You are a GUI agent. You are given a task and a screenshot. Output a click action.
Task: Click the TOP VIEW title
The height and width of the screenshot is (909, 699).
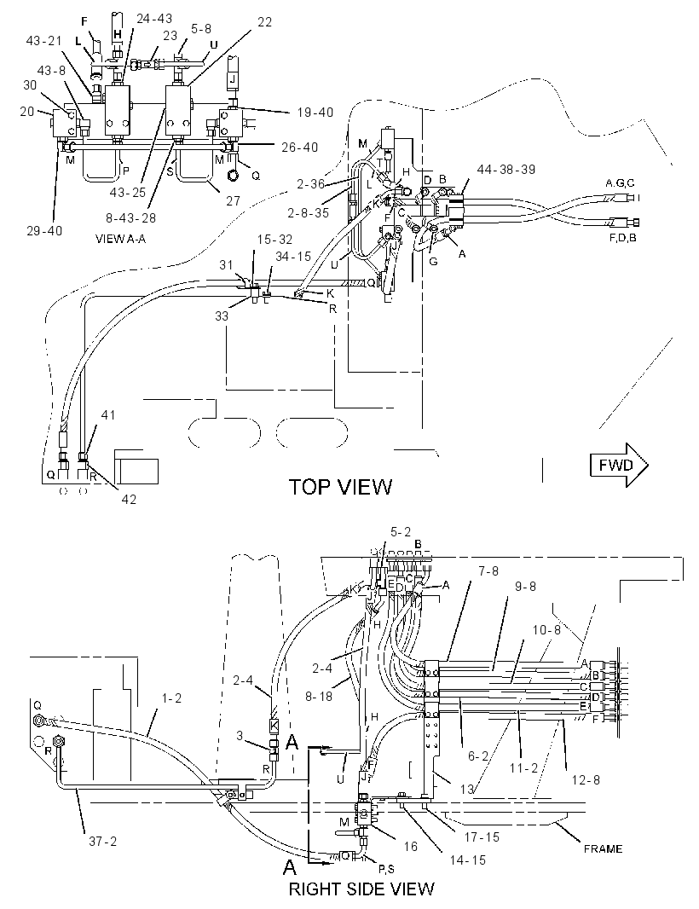click(x=340, y=487)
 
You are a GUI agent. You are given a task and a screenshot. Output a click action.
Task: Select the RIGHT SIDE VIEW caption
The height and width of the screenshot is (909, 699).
click(x=361, y=889)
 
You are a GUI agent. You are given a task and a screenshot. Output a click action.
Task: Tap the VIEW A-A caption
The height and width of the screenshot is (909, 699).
click(x=120, y=239)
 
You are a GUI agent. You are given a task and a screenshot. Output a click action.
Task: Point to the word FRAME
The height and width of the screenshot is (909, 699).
click(x=603, y=848)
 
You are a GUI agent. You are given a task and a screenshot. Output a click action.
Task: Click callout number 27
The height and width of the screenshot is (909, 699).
click(x=233, y=200)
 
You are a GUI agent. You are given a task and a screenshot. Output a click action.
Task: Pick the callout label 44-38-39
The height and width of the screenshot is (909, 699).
click(x=506, y=170)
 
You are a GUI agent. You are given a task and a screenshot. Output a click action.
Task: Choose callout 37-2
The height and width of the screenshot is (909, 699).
click(x=102, y=841)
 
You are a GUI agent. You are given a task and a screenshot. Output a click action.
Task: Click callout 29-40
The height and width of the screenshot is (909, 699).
click(x=44, y=231)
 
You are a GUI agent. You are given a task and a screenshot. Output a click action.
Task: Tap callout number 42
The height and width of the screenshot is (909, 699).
click(x=129, y=499)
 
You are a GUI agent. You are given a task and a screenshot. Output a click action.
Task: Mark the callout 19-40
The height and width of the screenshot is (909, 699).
click(x=315, y=112)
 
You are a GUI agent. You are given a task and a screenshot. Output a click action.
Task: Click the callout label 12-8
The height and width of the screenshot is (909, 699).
click(x=586, y=779)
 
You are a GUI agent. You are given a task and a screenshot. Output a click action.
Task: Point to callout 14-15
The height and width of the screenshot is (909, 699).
click(x=467, y=860)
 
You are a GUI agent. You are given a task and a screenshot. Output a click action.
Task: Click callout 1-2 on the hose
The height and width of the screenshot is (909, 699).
click(x=171, y=698)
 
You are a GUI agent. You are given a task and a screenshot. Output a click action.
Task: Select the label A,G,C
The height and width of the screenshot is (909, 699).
click(x=620, y=183)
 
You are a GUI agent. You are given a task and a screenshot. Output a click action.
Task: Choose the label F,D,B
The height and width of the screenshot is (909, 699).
click(x=622, y=238)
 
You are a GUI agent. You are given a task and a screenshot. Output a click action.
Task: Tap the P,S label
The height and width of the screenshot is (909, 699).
click(x=386, y=868)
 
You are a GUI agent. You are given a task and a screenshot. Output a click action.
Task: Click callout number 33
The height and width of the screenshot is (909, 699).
click(x=222, y=316)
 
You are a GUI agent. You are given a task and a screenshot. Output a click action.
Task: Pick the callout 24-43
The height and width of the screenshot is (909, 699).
click(x=154, y=19)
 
